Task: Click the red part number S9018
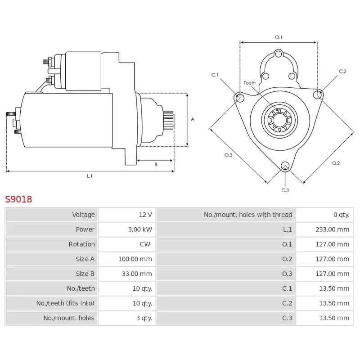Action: pos(18,199)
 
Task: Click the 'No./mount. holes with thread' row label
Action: pos(248,215)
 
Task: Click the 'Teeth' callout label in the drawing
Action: pos(249,83)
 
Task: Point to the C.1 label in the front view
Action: pos(215,75)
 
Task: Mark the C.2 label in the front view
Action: pos(342,72)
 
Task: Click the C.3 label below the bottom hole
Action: pos(285,190)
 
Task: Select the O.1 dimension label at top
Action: pos(279,37)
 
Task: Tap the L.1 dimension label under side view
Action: pos(90,176)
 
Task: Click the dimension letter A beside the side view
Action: pos(193,119)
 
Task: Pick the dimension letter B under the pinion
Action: pos(156,165)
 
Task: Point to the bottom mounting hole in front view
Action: pos(285,166)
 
